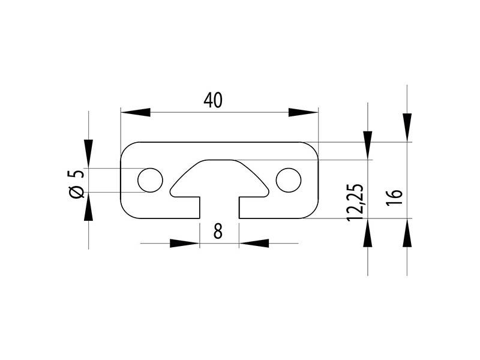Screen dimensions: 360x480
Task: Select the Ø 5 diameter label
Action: point(76,184)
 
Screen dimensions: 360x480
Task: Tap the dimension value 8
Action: point(218,231)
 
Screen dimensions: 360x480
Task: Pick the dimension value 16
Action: point(394,197)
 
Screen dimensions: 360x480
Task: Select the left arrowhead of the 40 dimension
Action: point(136,112)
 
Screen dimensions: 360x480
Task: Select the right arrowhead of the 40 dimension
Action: point(303,112)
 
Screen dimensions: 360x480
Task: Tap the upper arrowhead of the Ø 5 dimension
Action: point(89,154)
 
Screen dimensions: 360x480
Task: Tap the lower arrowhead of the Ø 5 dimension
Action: point(89,207)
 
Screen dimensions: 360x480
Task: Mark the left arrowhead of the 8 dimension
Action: point(184,243)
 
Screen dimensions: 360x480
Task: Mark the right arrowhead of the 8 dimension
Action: point(254,243)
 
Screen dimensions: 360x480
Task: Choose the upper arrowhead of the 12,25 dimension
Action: point(367,145)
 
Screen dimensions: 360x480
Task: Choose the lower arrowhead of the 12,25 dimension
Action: point(367,233)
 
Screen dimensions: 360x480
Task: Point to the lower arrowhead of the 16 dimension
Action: point(407,233)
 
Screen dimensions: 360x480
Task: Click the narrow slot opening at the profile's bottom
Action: point(219,208)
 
